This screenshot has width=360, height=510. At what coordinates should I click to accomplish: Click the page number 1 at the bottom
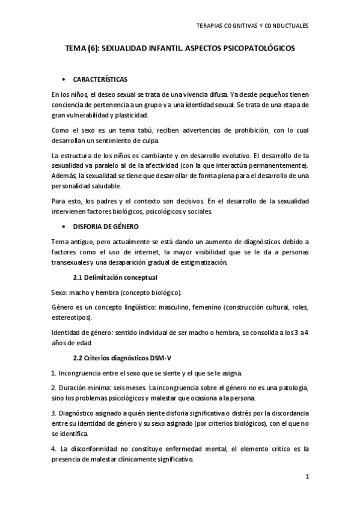tap(307, 478)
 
